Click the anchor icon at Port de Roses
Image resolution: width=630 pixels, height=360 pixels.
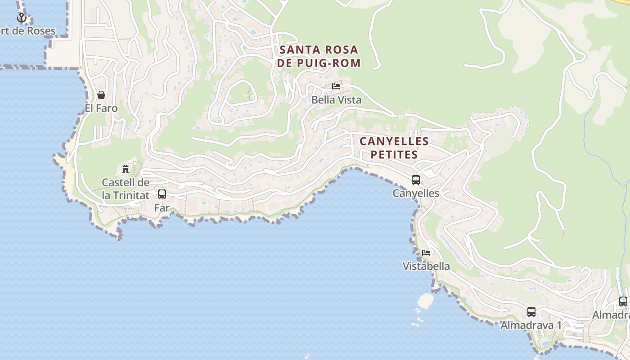21,18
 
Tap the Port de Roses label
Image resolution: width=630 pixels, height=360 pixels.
28,31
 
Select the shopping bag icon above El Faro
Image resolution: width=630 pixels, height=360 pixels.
101,95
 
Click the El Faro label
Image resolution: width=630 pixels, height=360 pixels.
101,108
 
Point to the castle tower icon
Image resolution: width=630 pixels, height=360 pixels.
126,169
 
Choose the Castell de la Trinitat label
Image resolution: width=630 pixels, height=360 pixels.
126,189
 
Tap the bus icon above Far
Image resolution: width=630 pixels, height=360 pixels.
162,194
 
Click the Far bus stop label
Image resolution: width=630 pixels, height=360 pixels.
162,208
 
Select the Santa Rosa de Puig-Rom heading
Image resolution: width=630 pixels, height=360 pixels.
319,56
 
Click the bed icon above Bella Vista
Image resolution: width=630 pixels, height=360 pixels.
336,86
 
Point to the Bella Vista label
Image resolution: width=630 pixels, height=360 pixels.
337,100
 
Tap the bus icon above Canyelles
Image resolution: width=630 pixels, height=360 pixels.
416,180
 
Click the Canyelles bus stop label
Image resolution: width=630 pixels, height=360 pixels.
416,193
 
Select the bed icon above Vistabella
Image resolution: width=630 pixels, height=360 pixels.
426,252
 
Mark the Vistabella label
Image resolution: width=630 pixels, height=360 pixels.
426,266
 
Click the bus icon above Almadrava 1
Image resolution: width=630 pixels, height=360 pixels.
531,311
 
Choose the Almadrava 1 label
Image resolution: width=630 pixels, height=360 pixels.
531,325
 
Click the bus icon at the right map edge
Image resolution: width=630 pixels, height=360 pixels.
623,301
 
